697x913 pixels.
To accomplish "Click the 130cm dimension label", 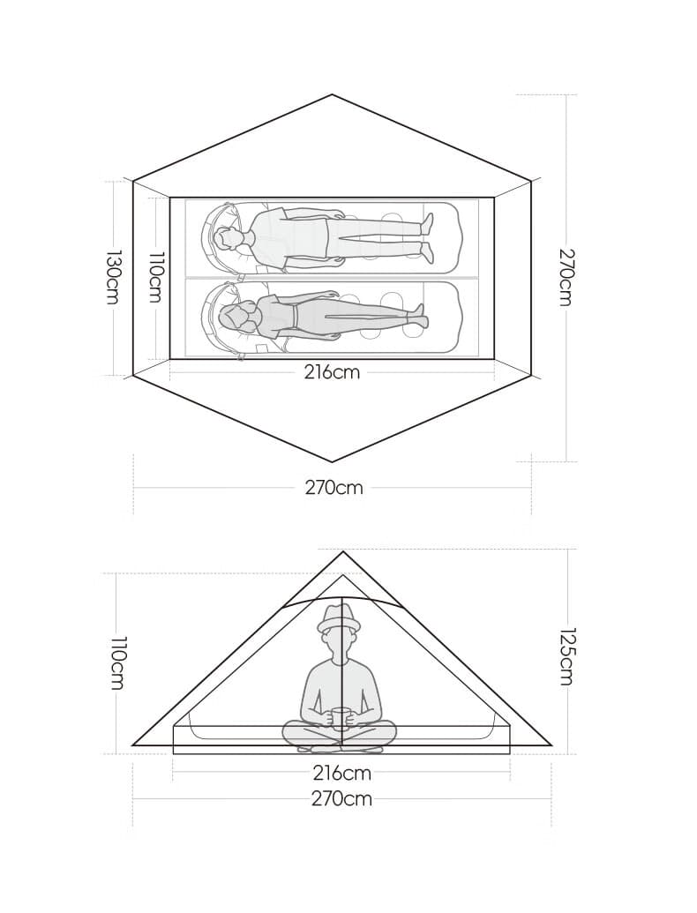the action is (x=112, y=277).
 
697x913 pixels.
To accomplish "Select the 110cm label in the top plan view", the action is (x=155, y=277).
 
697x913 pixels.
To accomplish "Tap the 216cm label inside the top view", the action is (x=332, y=371).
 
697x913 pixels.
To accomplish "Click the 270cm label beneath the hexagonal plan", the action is (x=334, y=487).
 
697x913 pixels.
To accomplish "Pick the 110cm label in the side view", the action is (x=117, y=662).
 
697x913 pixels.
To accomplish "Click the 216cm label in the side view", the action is (x=341, y=774).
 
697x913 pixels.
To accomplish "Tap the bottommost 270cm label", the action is (x=341, y=798).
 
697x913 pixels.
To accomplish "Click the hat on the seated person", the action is (x=340, y=618).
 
